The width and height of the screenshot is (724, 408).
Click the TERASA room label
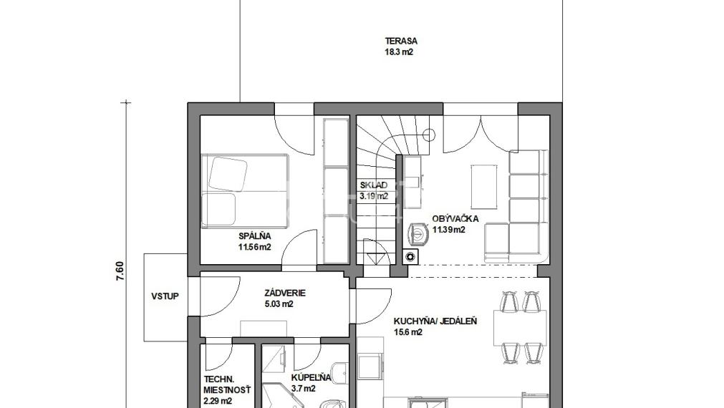point(401,41)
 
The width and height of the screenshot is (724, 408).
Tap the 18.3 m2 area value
point(399,52)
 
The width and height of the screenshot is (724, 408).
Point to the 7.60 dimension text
point(120,271)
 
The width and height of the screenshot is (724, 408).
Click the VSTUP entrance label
point(165,296)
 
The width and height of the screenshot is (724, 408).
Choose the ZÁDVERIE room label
point(285,293)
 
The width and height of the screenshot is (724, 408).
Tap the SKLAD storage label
point(374,185)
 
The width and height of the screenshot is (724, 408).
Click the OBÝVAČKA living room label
point(455,219)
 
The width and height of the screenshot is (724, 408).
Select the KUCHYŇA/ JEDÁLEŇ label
point(435,321)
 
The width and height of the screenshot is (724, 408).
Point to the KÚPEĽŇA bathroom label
point(312,377)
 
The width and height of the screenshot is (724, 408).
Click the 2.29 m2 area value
point(218,401)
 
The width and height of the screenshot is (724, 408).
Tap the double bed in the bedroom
point(245,191)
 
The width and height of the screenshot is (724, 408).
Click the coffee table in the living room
point(484,187)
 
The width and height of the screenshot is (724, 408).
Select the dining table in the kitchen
point(520,328)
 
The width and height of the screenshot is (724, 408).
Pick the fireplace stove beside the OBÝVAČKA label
point(418,234)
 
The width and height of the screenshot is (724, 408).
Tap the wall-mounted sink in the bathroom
point(342,371)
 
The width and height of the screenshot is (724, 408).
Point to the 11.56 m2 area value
point(254,248)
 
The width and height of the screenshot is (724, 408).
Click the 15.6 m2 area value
point(407,332)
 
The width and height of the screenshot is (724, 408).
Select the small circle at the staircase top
point(429,135)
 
